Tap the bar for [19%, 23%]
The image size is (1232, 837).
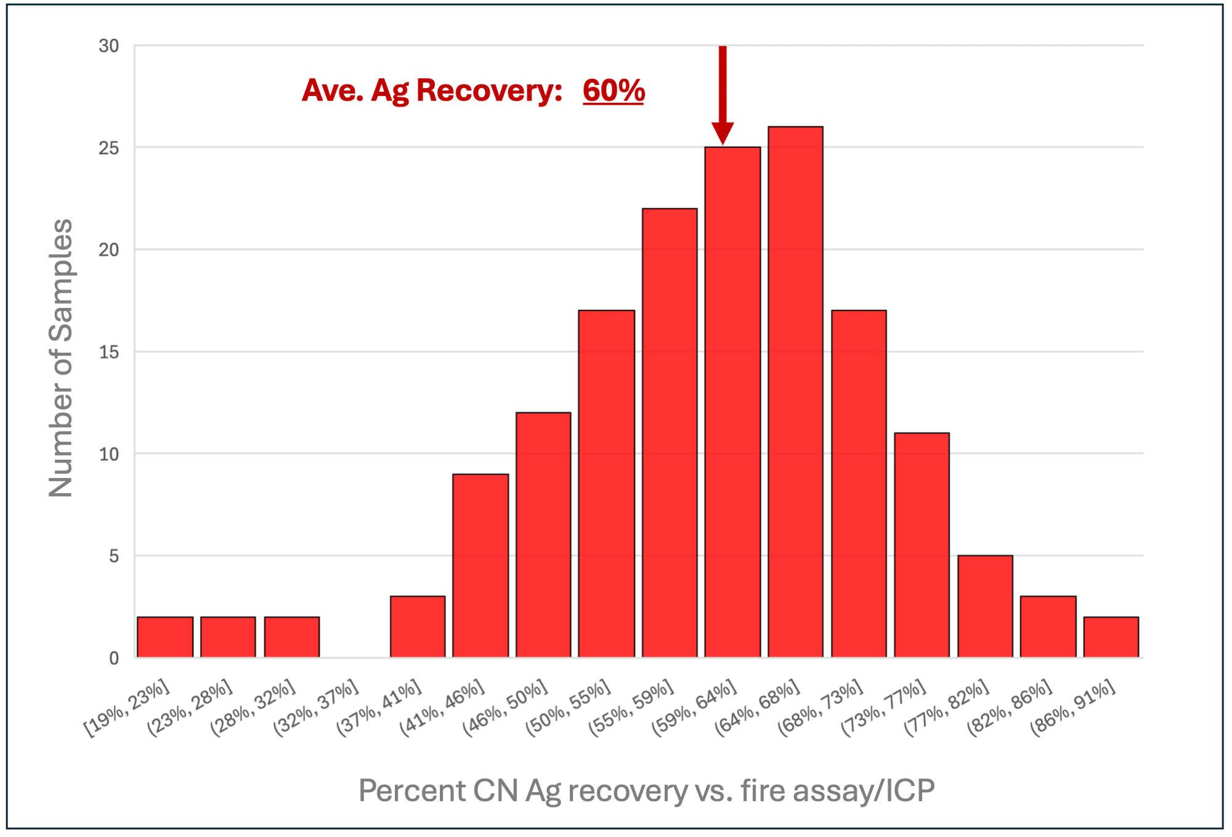165,637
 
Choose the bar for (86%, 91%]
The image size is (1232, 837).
1111,637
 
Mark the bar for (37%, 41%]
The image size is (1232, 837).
418,626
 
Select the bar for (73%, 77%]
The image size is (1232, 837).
922,545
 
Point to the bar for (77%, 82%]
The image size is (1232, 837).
985,606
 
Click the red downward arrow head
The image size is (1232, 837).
723,132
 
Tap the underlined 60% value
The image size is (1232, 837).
614,91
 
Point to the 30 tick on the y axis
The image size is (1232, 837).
109,46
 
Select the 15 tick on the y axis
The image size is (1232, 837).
109,352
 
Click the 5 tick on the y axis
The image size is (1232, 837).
114,556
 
